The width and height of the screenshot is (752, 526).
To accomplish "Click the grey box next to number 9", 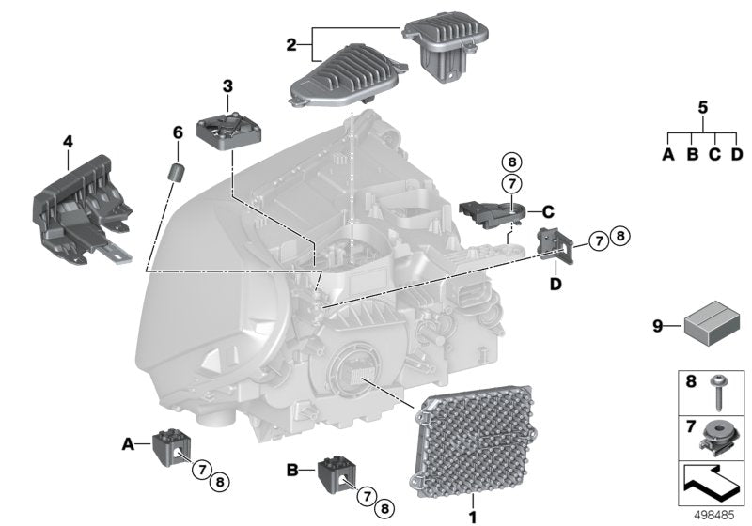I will point(712,324).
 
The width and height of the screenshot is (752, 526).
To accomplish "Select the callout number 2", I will point(291,44).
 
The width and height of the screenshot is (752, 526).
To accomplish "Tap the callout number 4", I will point(67,142).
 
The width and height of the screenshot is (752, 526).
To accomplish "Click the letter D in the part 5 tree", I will point(736,154).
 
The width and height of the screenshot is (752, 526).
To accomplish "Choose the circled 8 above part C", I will point(510,160).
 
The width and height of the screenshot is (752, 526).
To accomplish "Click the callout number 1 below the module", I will point(473,516).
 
